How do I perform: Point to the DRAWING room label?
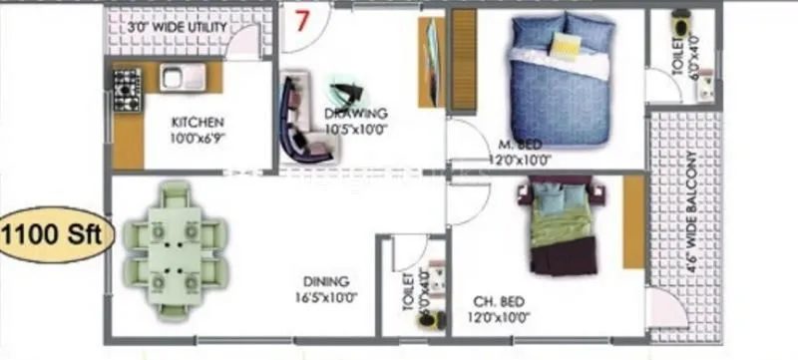(x=356, y=113)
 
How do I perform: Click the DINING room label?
(x=326, y=281)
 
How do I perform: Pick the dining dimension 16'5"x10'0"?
(x=326, y=296)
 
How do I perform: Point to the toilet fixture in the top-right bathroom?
(x=681, y=25)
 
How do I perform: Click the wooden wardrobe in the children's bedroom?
(x=633, y=221)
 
